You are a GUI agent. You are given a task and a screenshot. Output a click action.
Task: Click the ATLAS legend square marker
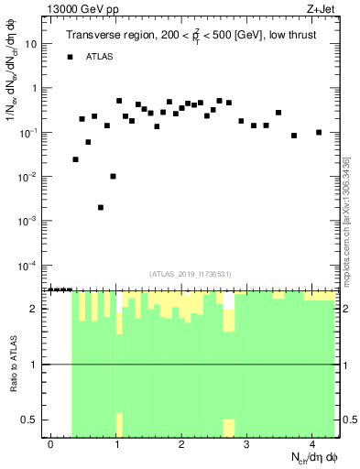(x=70, y=57)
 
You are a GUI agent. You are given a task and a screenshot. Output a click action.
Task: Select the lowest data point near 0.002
(x=101, y=207)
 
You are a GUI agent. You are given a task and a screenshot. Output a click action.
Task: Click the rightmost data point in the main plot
(x=319, y=132)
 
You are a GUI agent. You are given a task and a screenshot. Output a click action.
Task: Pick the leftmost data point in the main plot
(x=75, y=159)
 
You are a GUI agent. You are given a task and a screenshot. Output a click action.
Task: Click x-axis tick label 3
(x=246, y=443)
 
